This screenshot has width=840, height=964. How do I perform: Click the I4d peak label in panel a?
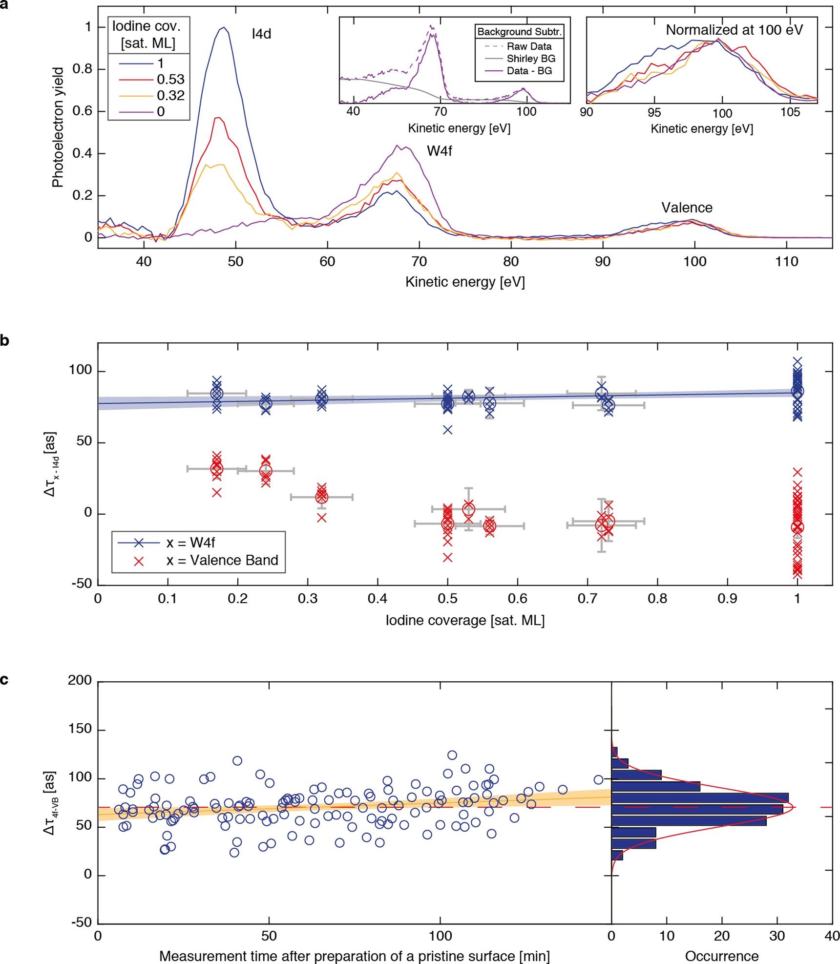point(261,34)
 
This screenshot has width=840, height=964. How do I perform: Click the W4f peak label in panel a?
point(439,151)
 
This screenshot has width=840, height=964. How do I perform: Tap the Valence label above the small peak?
point(687,208)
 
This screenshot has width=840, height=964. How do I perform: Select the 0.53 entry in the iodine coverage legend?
point(170,80)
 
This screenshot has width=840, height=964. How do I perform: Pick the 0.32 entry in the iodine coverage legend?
point(170,96)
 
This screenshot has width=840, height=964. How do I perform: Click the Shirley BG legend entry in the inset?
point(531,59)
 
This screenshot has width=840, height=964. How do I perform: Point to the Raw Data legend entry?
point(529,46)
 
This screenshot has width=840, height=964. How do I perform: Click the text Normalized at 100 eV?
point(734,30)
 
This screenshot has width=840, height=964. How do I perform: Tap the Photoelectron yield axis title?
point(58,127)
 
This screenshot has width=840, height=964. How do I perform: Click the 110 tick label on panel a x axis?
point(786,262)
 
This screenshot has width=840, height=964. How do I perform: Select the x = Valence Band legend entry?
point(222,560)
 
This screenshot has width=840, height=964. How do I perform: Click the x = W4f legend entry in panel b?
point(190,543)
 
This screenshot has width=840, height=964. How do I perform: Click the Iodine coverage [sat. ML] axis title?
point(465,620)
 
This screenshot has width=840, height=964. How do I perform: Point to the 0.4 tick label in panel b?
point(378,598)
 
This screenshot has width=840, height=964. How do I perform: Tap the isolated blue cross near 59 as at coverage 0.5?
point(447,430)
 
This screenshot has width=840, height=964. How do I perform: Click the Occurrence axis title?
point(721,956)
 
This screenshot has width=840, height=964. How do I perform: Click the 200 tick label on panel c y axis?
point(80,680)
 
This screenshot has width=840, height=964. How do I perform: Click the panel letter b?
point(5,340)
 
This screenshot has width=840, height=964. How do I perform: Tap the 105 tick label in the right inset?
point(790,113)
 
